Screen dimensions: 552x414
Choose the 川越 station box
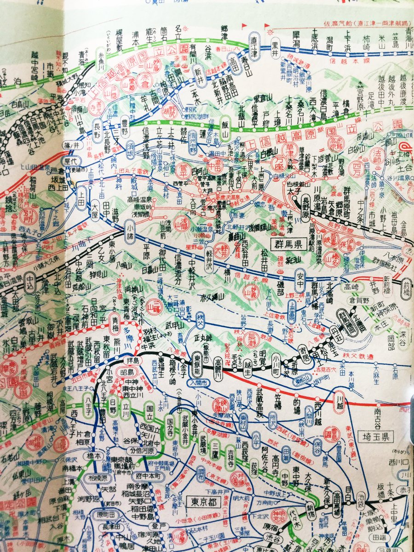[x=339, y=399]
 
